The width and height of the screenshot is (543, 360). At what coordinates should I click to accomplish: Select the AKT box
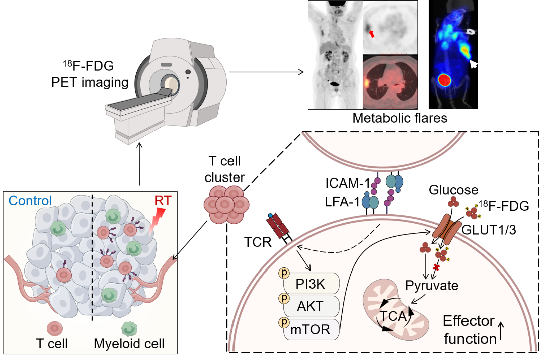[311, 306]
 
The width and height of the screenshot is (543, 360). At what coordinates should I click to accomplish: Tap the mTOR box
[311, 330]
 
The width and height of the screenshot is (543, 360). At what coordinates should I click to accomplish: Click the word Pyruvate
[432, 286]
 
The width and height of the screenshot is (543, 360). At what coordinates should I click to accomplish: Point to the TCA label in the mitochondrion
[393, 317]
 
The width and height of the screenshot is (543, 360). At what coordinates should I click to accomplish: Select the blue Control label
[30, 201]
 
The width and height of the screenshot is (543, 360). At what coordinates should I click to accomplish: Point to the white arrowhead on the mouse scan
[473, 64]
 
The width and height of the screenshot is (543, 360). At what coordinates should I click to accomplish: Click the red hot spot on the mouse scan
[444, 80]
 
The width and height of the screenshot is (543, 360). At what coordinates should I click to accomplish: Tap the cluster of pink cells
[226, 204]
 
